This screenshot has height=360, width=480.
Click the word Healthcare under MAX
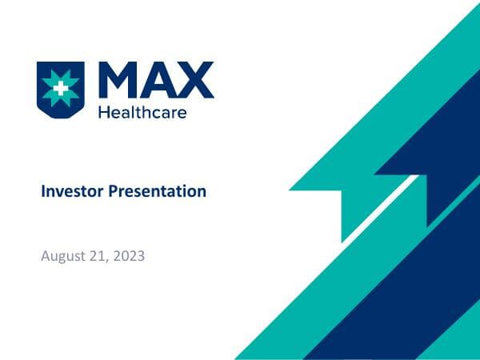pos(142,112)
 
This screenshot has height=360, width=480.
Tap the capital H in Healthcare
pos(102,112)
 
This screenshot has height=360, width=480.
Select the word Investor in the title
pos(70,192)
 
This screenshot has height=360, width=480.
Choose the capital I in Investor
pos(43,192)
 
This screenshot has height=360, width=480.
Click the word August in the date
pos(62,258)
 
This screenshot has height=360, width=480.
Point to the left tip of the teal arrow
pos(293,190)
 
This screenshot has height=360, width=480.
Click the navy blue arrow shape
pos(432,160)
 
